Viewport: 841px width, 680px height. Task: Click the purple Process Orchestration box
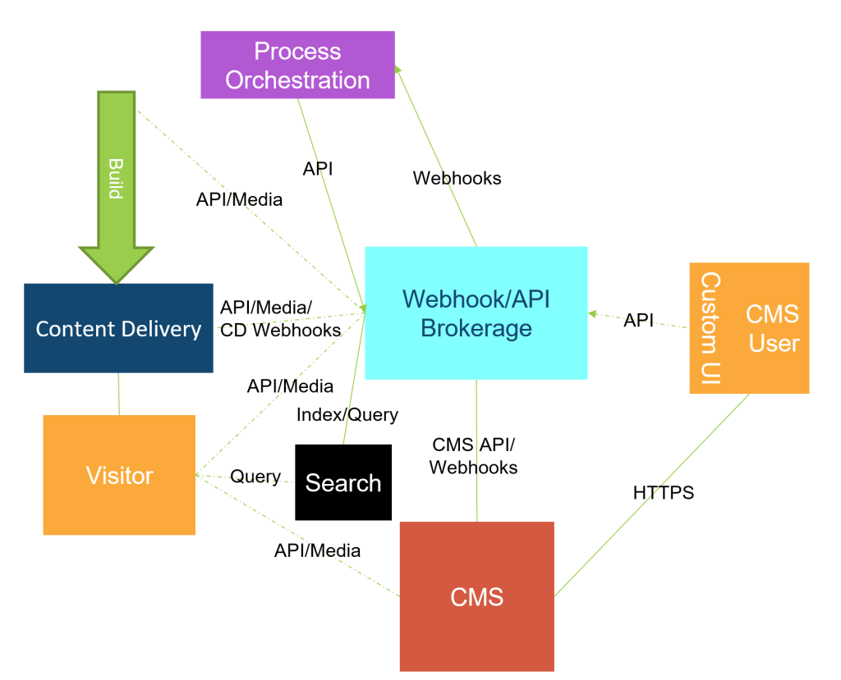click(x=297, y=65)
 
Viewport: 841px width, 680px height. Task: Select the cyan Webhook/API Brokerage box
click(x=476, y=313)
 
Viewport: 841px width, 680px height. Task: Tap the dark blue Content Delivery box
click(x=118, y=328)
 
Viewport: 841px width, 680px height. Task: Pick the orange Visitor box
click(x=119, y=475)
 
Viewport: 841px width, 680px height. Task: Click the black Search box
click(x=343, y=482)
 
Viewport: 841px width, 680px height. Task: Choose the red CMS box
click(x=476, y=596)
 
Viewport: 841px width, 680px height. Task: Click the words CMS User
click(x=773, y=328)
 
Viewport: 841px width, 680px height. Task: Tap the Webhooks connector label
click(x=457, y=178)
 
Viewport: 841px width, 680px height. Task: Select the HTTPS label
click(x=664, y=493)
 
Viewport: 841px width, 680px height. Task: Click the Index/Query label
click(x=347, y=415)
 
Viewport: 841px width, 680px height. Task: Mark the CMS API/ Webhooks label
click(x=474, y=456)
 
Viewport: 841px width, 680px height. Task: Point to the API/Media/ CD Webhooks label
click(x=279, y=318)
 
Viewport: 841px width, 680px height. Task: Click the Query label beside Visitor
click(x=255, y=477)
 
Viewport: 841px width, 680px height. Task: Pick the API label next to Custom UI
click(x=639, y=321)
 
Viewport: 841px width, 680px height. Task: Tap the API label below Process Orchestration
click(x=318, y=169)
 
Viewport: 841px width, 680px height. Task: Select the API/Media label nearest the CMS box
click(x=317, y=550)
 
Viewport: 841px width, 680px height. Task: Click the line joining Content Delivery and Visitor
click(x=119, y=394)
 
